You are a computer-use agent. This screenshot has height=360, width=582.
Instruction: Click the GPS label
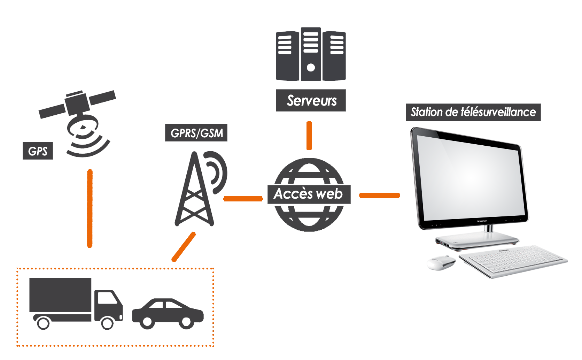pos(38,151)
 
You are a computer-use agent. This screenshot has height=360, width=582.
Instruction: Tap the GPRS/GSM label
pos(196,133)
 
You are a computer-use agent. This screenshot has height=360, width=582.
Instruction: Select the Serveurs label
pos(311,101)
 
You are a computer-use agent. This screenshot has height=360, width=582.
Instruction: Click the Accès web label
pos(309,194)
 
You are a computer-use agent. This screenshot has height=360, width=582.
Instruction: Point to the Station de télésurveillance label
pos(473,112)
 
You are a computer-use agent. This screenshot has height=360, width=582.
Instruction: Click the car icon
pos(168,313)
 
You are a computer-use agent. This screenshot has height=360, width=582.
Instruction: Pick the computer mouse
pos(441,262)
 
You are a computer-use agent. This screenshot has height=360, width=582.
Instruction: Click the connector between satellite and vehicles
pos(90,208)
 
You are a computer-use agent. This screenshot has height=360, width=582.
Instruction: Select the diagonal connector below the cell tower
pos(184,247)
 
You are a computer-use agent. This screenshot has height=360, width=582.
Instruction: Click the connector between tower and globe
pos(243,199)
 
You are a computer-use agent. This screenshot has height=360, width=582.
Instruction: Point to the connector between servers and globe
pos(309,136)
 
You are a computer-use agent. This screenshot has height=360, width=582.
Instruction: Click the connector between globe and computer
pos(379,195)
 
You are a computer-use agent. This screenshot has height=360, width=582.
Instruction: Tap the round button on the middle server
pos(311,68)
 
